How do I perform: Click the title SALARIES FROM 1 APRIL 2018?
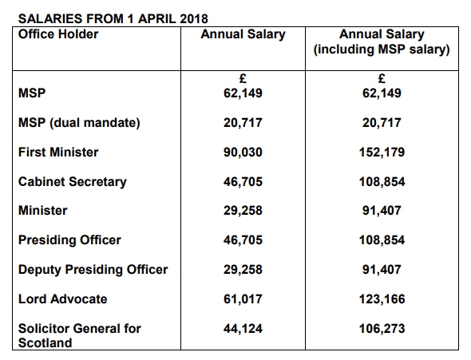(113, 18)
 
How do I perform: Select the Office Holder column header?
(58, 34)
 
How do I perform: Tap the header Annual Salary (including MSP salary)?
(382, 42)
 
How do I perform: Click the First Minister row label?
(58, 152)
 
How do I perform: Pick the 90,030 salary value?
(243, 152)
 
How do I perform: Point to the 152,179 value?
(382, 152)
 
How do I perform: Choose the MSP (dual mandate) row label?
(79, 123)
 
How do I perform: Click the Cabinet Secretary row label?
(73, 182)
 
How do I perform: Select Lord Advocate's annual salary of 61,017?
(243, 299)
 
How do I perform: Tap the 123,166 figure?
(382, 299)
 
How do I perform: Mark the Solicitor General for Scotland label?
(80, 335)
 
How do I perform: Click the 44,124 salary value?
(243, 329)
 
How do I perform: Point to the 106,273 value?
(382, 329)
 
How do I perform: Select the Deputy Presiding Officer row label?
(93, 270)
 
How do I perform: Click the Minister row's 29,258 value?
(243, 211)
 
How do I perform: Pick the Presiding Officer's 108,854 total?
(382, 240)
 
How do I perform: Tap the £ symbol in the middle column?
(243, 79)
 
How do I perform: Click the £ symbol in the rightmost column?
(382, 79)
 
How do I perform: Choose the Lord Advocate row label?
(62, 299)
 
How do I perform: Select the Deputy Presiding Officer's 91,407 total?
(382, 270)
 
